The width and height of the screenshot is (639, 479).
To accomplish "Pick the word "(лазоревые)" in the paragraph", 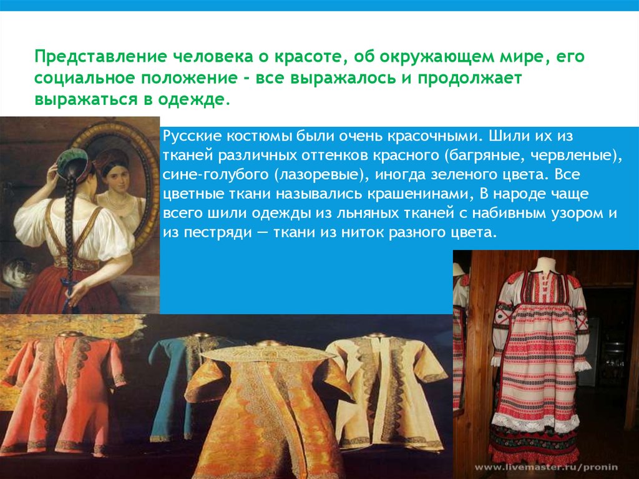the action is (x=321, y=175).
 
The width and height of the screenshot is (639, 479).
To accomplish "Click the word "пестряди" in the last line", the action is (x=218, y=233).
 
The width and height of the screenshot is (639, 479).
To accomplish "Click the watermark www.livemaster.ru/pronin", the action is (x=546, y=468).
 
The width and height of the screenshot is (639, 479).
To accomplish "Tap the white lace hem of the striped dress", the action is (x=535, y=421).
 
